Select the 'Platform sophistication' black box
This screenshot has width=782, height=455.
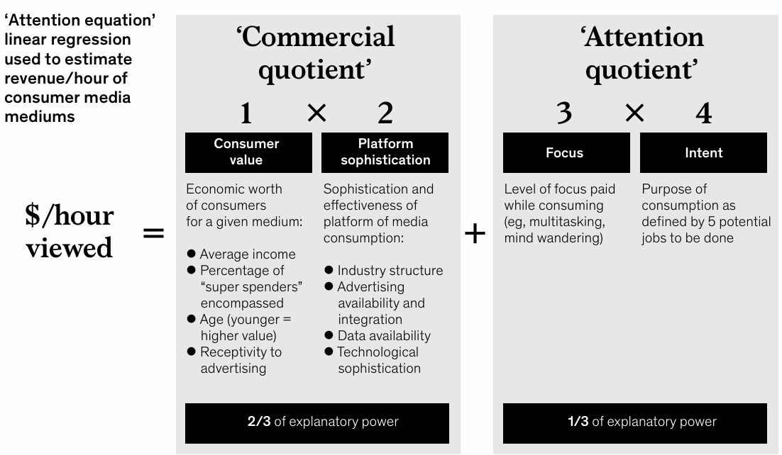(385, 152)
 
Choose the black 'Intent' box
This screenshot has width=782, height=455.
(703, 152)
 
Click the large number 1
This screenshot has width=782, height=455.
(246, 113)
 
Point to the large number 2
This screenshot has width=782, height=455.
(385, 113)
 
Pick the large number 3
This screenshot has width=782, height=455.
(565, 113)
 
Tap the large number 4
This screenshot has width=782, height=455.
(703, 113)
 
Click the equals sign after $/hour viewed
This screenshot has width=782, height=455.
(153, 232)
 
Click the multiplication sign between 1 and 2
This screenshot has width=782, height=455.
(316, 113)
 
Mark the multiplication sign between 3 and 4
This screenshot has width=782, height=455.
(634, 113)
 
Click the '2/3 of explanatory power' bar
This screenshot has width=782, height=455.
(317, 422)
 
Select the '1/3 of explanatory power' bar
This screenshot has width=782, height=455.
(635, 422)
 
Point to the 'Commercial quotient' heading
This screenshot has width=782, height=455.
(316, 53)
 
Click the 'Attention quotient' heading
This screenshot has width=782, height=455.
(641, 53)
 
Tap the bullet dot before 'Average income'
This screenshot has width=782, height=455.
(192, 254)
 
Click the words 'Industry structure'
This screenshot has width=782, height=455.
(390, 270)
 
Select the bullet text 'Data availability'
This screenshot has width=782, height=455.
(384, 335)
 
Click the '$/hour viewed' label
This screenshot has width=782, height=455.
(70, 232)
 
